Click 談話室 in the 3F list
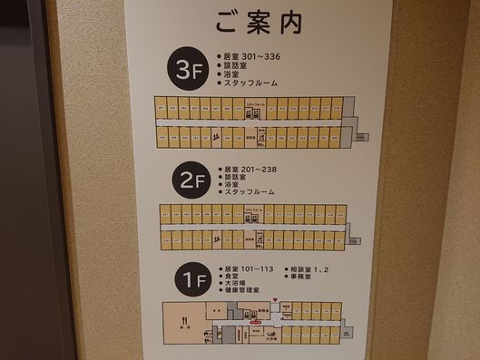[237, 64]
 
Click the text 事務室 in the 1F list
[309, 279]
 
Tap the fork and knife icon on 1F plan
[184, 319]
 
